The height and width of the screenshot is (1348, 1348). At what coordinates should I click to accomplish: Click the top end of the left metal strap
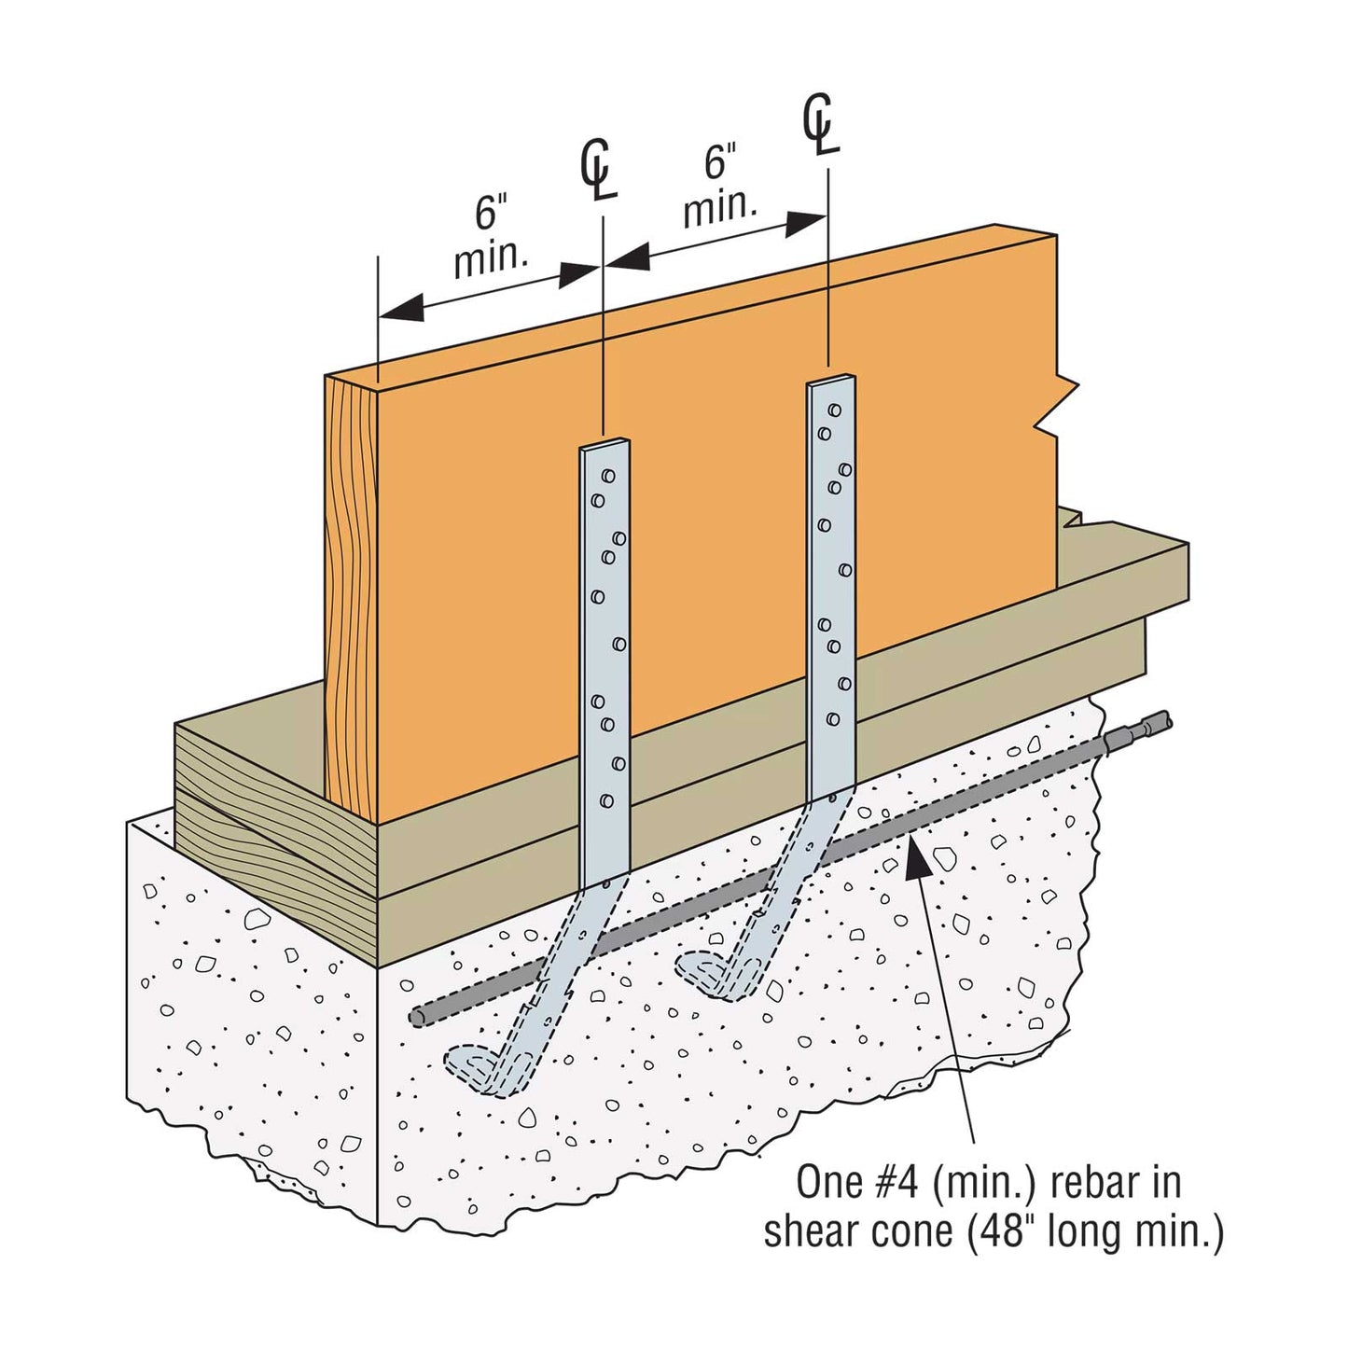tap(605, 446)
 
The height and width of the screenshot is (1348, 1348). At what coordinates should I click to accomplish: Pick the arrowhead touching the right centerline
tap(808, 222)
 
